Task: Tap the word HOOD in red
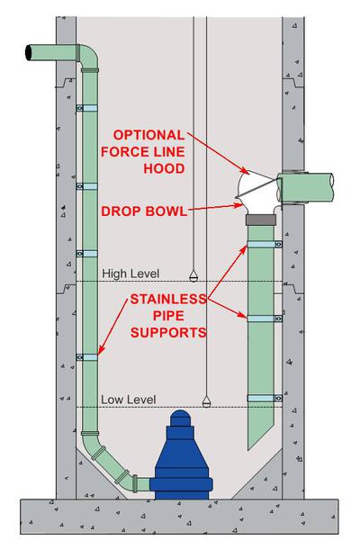click(164, 169)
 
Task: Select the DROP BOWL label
click(144, 211)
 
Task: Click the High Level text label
click(130, 274)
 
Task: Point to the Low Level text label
click(129, 400)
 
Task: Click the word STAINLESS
click(168, 299)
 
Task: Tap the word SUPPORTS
click(168, 333)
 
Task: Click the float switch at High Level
click(193, 275)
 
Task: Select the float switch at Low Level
click(206, 401)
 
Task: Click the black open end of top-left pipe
click(29, 53)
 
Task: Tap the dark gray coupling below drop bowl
click(261, 220)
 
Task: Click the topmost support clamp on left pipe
click(86, 108)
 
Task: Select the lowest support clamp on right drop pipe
click(265, 398)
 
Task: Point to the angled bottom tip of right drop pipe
click(248, 450)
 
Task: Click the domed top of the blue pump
click(181, 418)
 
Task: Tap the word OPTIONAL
click(148, 135)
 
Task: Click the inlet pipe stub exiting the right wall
click(308, 188)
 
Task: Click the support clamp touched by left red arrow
click(86, 357)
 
